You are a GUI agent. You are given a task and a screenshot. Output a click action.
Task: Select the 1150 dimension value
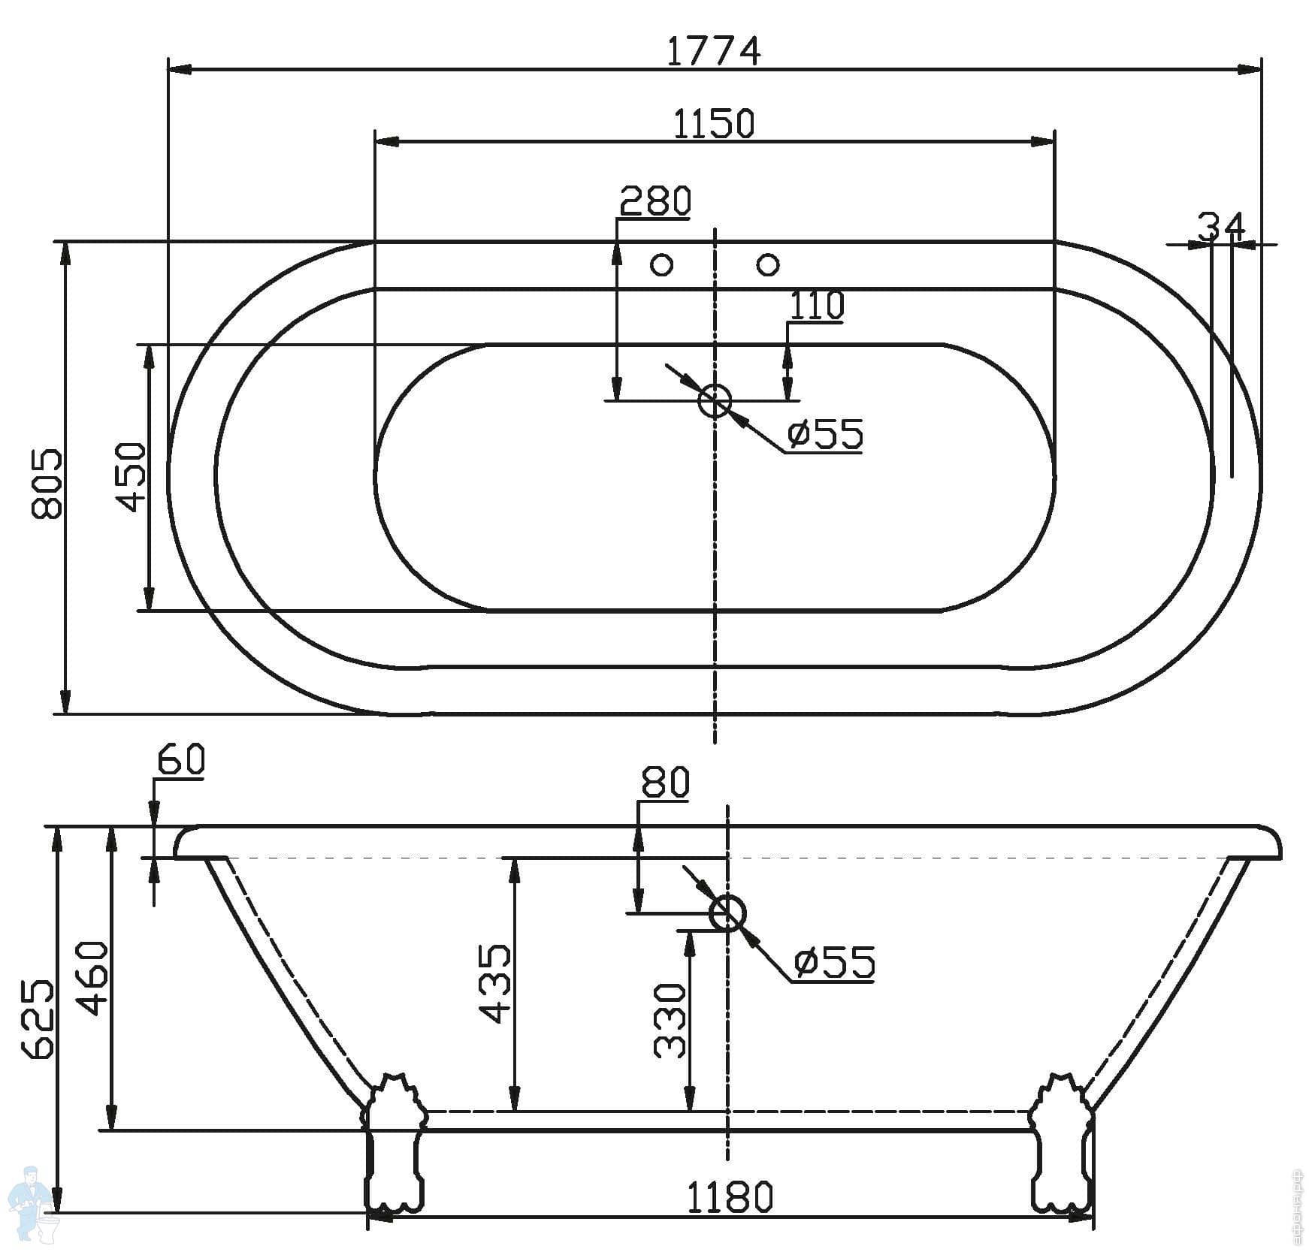click(x=713, y=123)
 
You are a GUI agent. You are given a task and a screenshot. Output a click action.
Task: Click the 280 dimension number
click(x=655, y=201)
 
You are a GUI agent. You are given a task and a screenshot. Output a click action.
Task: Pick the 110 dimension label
click(x=817, y=305)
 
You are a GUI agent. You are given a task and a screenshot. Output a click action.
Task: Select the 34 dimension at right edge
click(x=1222, y=225)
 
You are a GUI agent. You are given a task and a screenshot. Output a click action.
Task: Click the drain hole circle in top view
click(x=715, y=400)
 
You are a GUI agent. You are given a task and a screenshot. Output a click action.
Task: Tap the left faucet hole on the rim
click(x=661, y=264)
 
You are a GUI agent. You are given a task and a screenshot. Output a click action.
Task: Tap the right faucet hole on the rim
click(x=768, y=264)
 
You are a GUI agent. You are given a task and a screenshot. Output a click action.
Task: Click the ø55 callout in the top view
click(x=825, y=434)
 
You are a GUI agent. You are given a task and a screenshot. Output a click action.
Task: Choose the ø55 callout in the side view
click(x=835, y=962)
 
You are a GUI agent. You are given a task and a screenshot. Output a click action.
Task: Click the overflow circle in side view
click(x=727, y=913)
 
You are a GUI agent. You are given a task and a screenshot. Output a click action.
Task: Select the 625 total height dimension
click(x=38, y=1020)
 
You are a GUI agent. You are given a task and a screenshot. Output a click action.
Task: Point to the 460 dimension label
click(x=94, y=978)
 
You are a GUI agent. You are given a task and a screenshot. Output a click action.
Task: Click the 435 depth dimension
click(x=496, y=984)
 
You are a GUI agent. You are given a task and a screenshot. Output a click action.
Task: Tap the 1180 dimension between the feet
click(x=730, y=1196)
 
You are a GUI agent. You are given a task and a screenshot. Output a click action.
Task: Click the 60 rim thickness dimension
click(x=180, y=760)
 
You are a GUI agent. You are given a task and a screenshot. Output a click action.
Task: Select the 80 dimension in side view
click(x=665, y=783)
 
